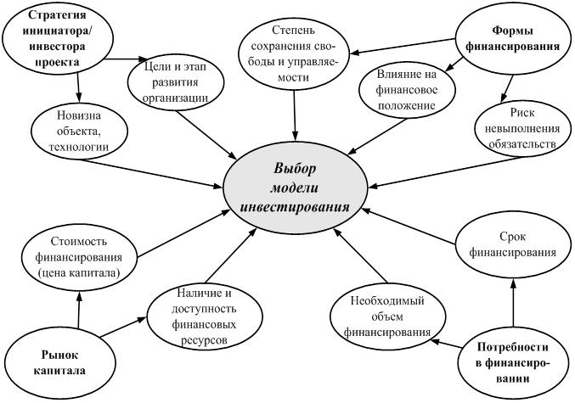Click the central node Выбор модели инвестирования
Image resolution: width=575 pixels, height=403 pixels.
pos(296,188)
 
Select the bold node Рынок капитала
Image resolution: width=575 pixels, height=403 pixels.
pos(59,362)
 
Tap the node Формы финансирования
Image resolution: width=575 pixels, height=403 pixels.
pos(514,38)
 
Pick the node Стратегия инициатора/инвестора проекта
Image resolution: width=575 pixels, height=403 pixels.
pos(58,38)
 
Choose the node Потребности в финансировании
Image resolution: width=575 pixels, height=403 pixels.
pos(513,362)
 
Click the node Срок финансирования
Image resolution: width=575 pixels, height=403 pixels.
pos(513,244)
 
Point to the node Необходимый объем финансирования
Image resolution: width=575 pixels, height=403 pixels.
pos(388,316)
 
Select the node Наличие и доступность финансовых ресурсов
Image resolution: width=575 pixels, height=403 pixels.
pos(205,316)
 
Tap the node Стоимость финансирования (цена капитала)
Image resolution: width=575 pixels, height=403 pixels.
pos(79,258)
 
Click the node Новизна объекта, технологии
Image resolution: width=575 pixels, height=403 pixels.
pos(79,131)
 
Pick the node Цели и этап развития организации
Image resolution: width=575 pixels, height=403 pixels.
pos(176,82)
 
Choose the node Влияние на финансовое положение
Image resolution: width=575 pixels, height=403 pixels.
pos(406,90)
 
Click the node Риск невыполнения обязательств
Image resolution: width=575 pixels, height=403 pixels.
pos(522,128)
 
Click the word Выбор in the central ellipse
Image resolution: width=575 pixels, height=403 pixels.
pos(294,169)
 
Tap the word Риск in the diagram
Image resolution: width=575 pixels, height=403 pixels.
pos(522,113)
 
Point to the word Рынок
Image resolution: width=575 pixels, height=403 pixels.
pos(59,355)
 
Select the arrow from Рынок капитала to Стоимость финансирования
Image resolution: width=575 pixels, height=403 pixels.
pos(79,310)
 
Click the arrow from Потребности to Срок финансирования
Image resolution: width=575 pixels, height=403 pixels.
pos(513,302)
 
